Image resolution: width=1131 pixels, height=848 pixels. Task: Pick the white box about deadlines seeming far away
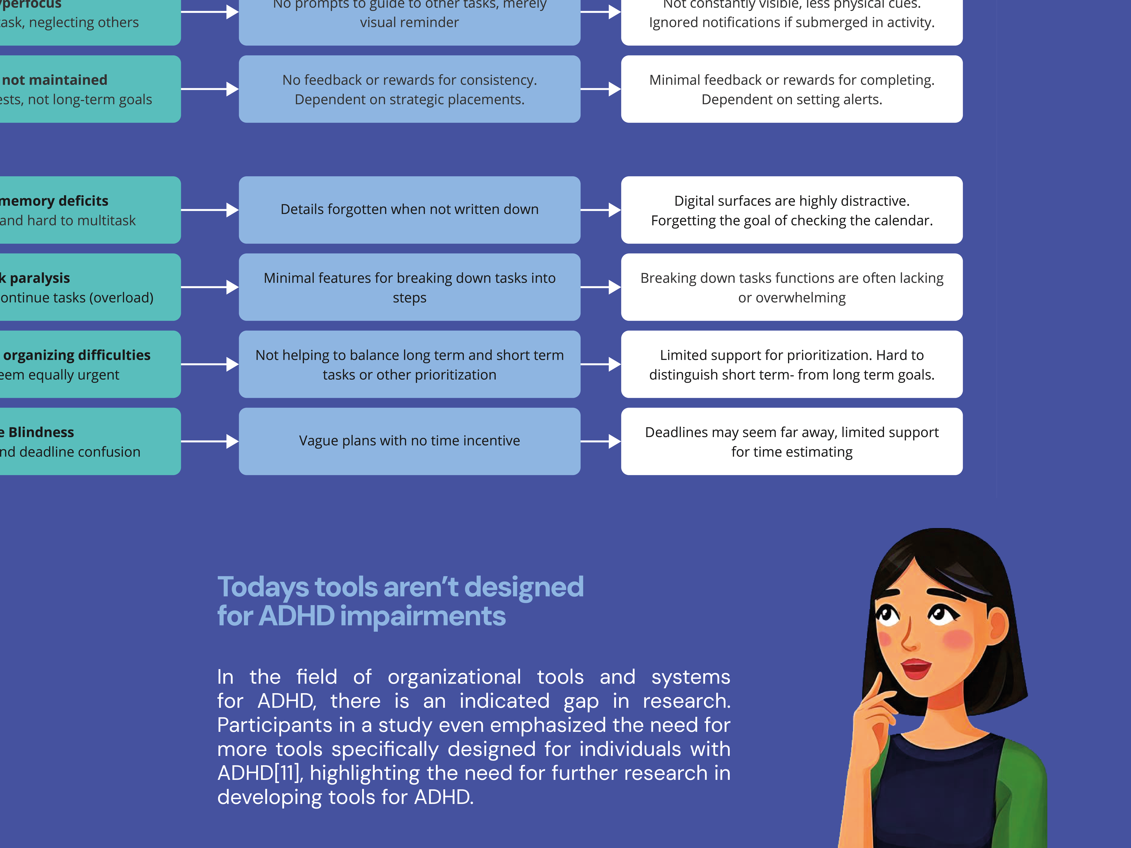click(792, 441)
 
